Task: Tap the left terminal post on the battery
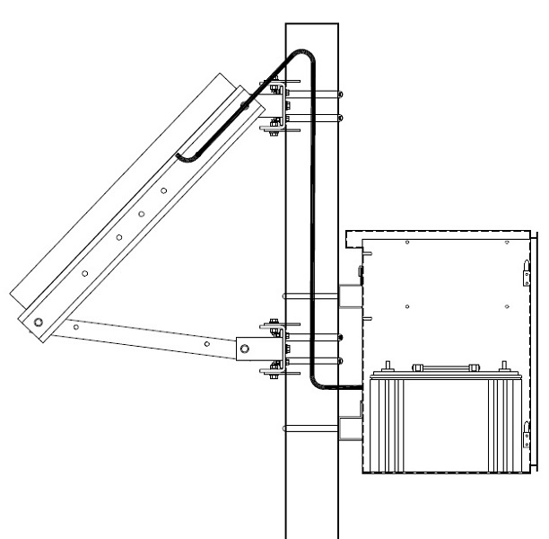click(x=388, y=366)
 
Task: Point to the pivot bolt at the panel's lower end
click(x=38, y=322)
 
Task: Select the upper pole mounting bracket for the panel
click(x=273, y=108)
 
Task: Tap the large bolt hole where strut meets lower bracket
click(x=243, y=347)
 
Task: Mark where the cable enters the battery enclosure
click(x=364, y=386)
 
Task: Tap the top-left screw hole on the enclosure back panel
click(x=406, y=243)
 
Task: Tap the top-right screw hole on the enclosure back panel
click(x=509, y=243)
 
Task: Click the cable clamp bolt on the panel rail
click(x=245, y=107)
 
